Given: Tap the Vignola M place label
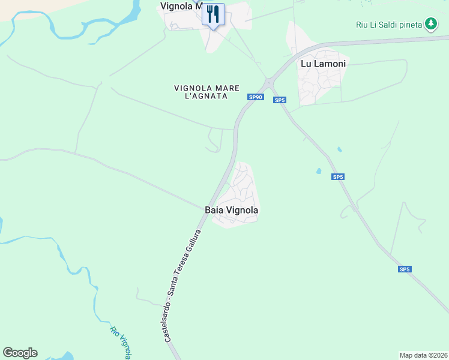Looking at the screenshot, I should coord(181,6).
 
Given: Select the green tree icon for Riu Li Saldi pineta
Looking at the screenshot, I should coord(430,24).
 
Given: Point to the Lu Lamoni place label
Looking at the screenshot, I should coord(323,64).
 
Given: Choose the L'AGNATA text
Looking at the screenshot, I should coord(201,97).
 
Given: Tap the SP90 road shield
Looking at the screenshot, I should coord(255,97).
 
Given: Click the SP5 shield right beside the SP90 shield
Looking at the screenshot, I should coord(279,100).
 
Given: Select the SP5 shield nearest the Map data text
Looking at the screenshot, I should coord(405,269).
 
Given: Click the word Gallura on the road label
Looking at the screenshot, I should coord(194,243).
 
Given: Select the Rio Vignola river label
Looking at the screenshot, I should coord(120,342).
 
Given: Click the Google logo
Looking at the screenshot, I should coord(20,353).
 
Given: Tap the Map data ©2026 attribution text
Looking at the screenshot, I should coord(424,355).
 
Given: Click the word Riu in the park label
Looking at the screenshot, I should coord(361,25).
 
